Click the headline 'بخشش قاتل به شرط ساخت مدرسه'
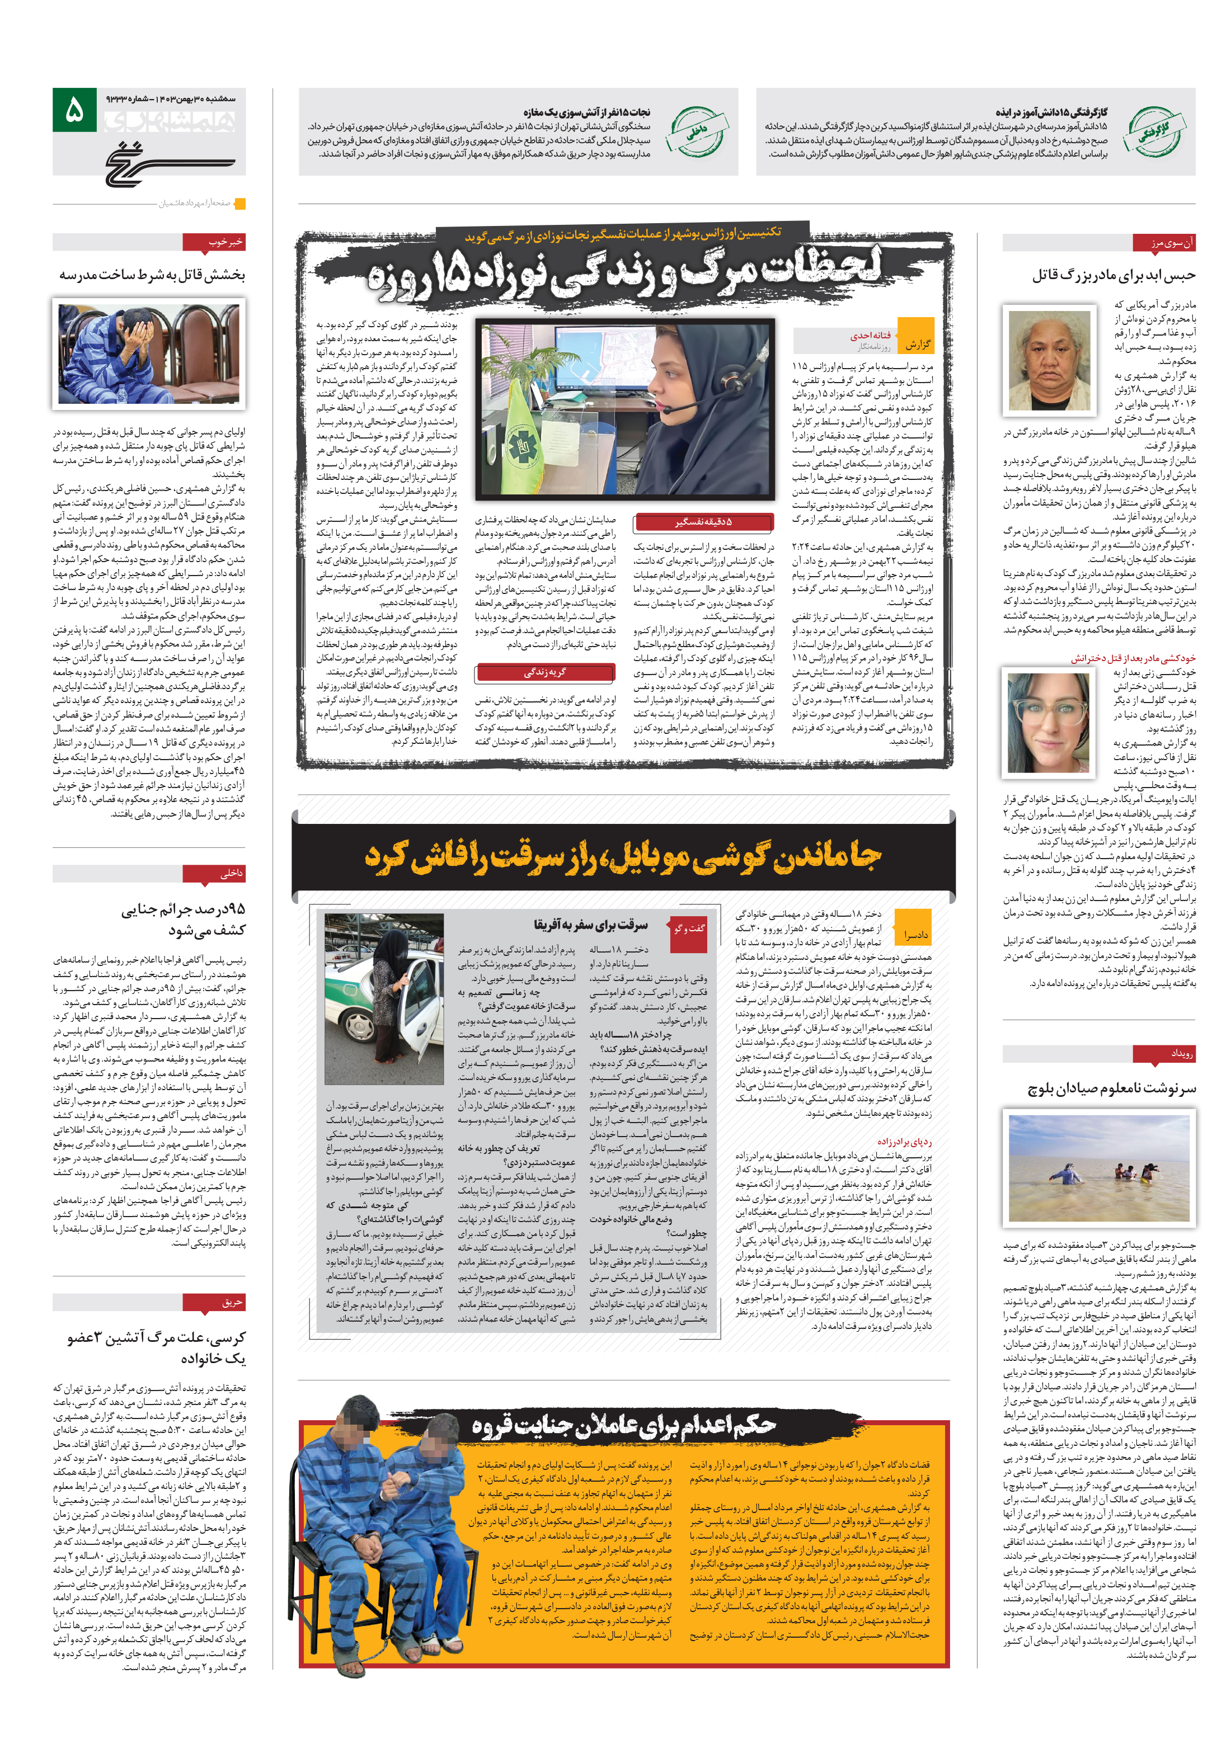tap(152, 274)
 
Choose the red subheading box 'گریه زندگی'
tap(544, 672)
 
